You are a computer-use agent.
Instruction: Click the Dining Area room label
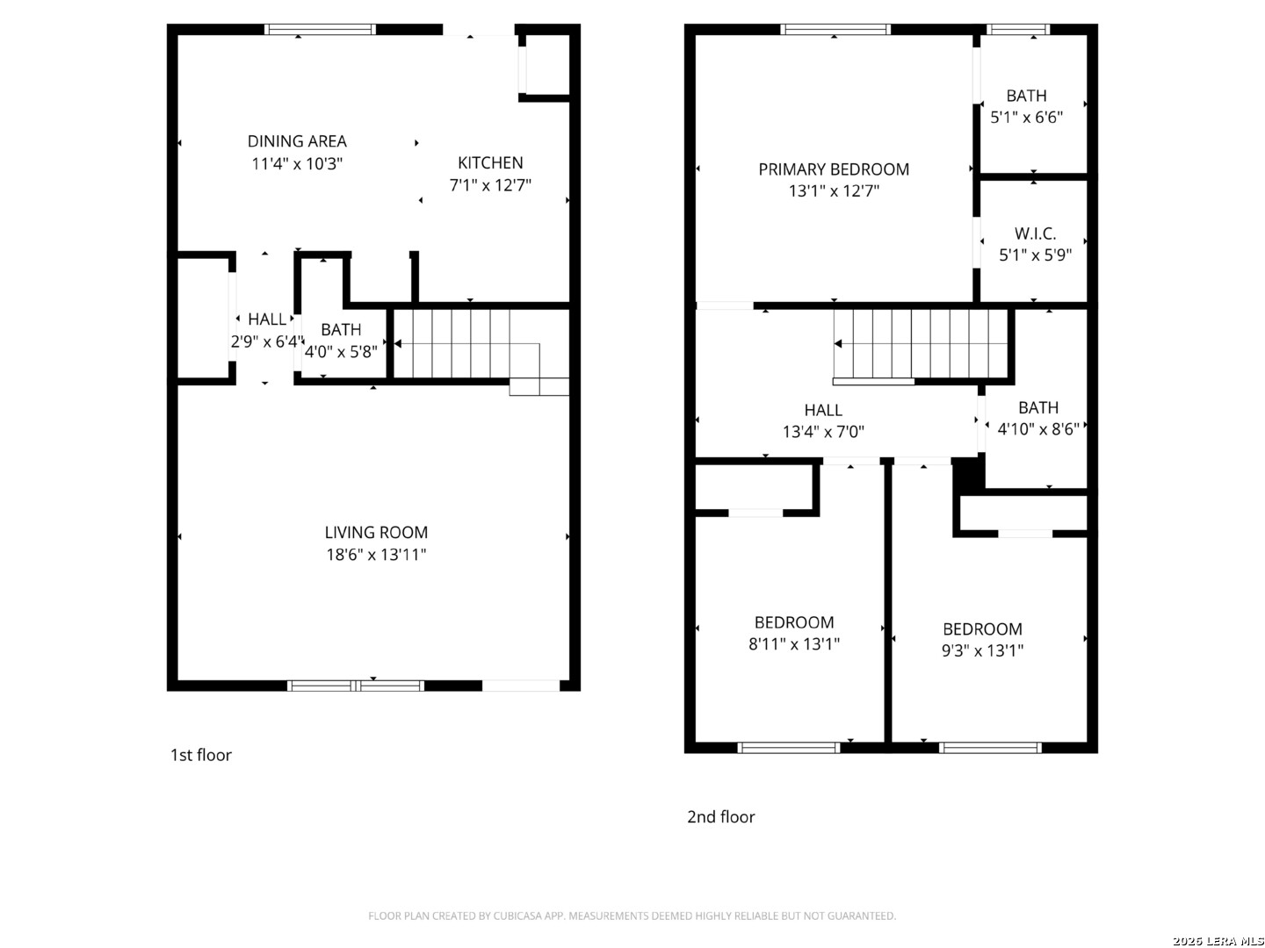(x=297, y=141)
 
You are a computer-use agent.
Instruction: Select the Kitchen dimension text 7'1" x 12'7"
(x=490, y=184)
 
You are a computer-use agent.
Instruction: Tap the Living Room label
(x=376, y=533)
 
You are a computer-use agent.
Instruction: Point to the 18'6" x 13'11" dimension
(x=376, y=554)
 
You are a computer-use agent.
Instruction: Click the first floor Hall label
(x=267, y=319)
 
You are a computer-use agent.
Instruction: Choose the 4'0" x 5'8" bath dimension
(x=341, y=351)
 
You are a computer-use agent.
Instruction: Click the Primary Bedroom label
(x=834, y=169)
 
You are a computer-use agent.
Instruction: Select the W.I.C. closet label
(x=1035, y=233)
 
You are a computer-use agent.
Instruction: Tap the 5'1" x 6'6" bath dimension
(x=1026, y=118)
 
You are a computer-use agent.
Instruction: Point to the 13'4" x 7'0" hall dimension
(x=823, y=432)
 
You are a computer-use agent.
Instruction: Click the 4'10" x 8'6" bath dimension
(x=1038, y=429)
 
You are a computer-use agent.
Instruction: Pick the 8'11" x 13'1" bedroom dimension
(x=793, y=643)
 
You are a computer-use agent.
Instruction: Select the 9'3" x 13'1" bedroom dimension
(x=982, y=650)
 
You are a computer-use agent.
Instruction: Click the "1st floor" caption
(x=200, y=755)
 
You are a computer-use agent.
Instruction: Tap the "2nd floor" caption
(x=720, y=816)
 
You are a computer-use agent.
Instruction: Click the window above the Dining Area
(x=320, y=29)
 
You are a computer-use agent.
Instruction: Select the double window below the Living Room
(x=356, y=686)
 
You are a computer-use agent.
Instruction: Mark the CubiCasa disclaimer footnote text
(x=632, y=916)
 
